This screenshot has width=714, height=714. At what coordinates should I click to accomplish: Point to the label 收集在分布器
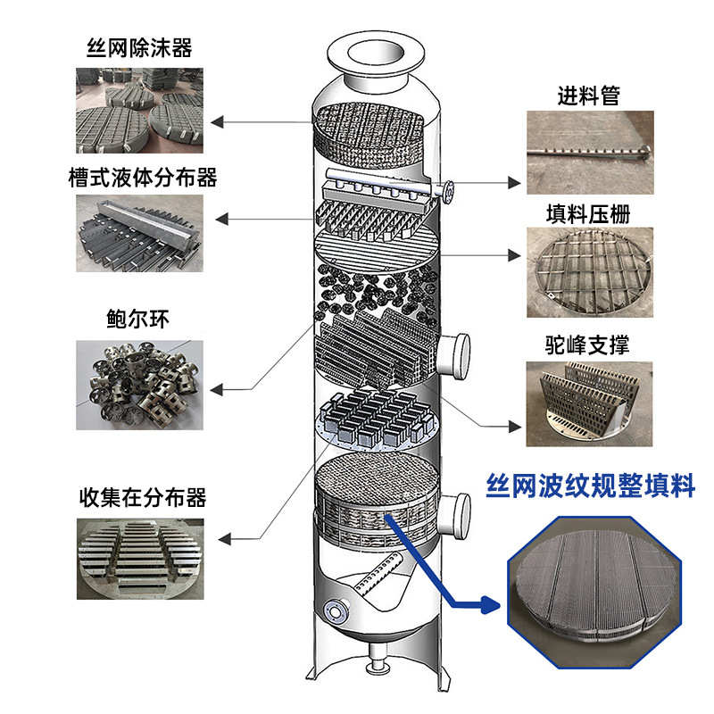tap(143, 496)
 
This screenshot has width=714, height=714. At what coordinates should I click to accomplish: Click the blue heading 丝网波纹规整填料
tap(590, 486)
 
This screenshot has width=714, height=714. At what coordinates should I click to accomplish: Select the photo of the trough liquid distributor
tap(139, 234)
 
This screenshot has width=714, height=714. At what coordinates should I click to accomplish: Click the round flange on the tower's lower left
tap(336, 610)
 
